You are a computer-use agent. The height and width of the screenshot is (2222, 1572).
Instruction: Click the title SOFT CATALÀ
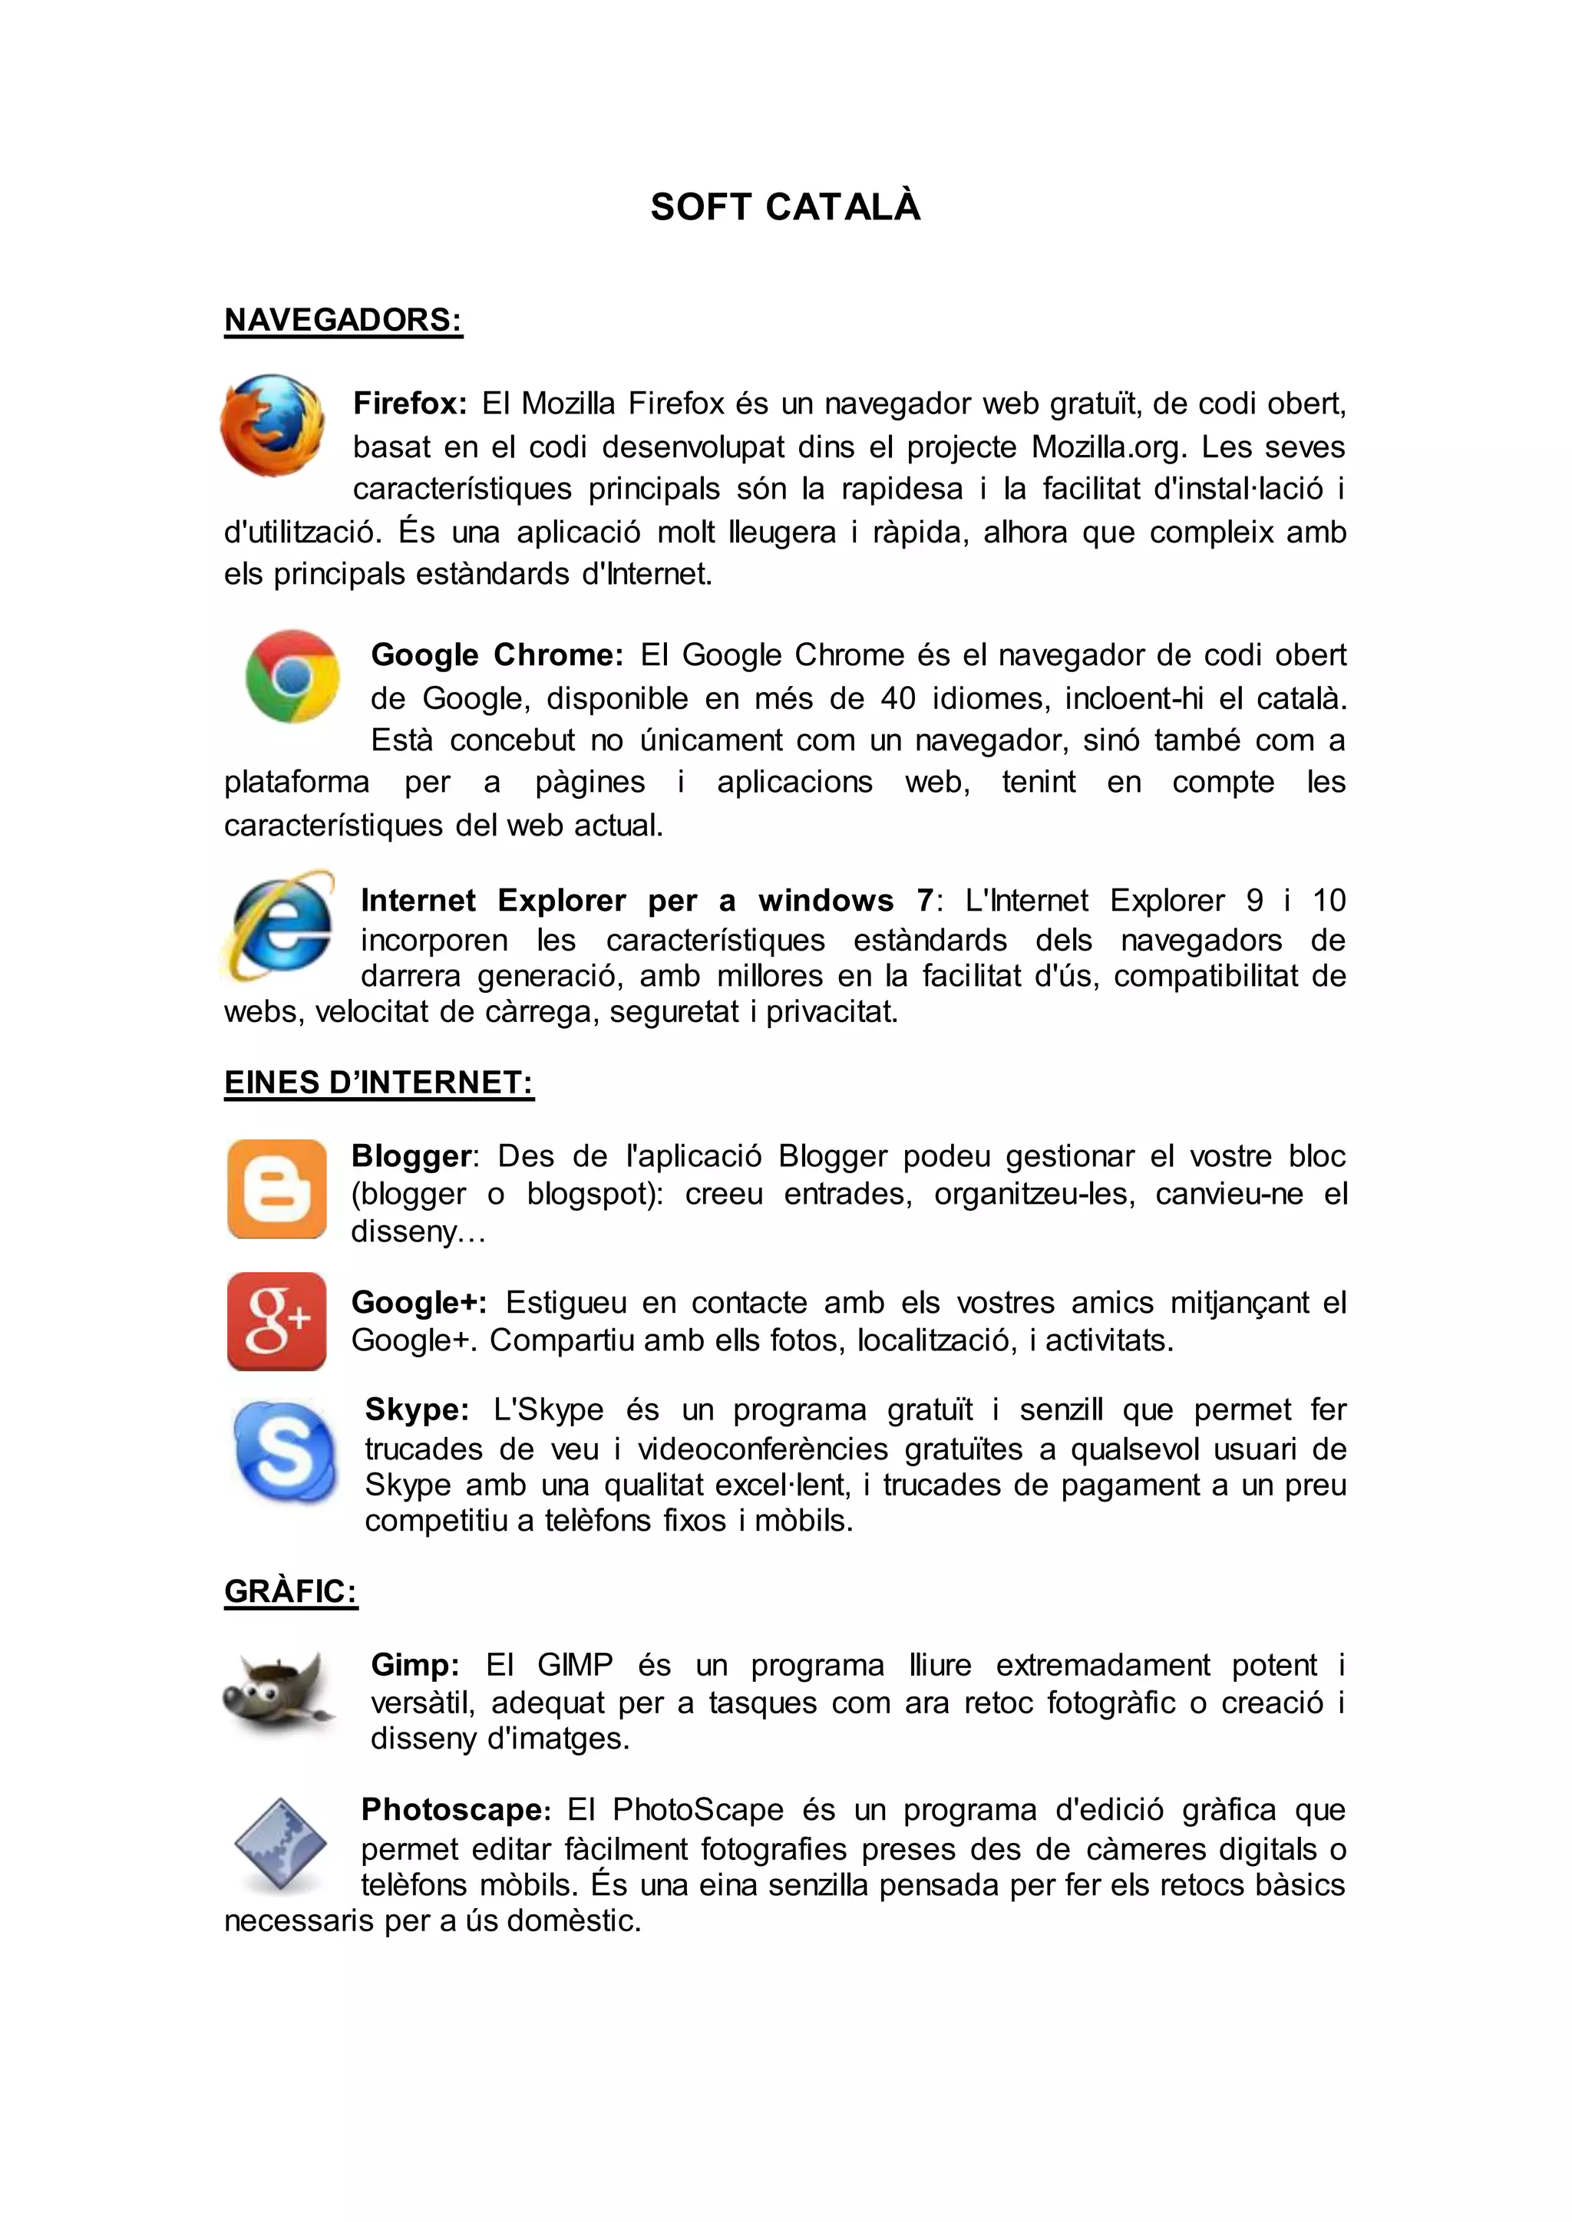[785, 207]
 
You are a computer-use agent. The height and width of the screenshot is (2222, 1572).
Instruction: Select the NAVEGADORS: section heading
[344, 319]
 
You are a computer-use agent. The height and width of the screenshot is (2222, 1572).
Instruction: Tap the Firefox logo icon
[272, 425]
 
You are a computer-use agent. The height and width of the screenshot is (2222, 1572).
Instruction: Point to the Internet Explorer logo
[279, 925]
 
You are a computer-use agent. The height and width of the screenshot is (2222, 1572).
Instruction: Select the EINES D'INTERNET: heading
[378, 1082]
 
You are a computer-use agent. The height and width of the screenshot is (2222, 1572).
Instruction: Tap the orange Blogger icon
[277, 1188]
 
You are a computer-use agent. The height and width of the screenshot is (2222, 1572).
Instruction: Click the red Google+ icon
[277, 1321]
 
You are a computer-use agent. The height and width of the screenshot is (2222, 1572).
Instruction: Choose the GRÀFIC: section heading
[290, 1591]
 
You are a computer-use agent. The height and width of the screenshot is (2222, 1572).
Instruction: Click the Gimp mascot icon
[278, 1693]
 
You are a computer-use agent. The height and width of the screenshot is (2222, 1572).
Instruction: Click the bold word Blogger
[411, 1156]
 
